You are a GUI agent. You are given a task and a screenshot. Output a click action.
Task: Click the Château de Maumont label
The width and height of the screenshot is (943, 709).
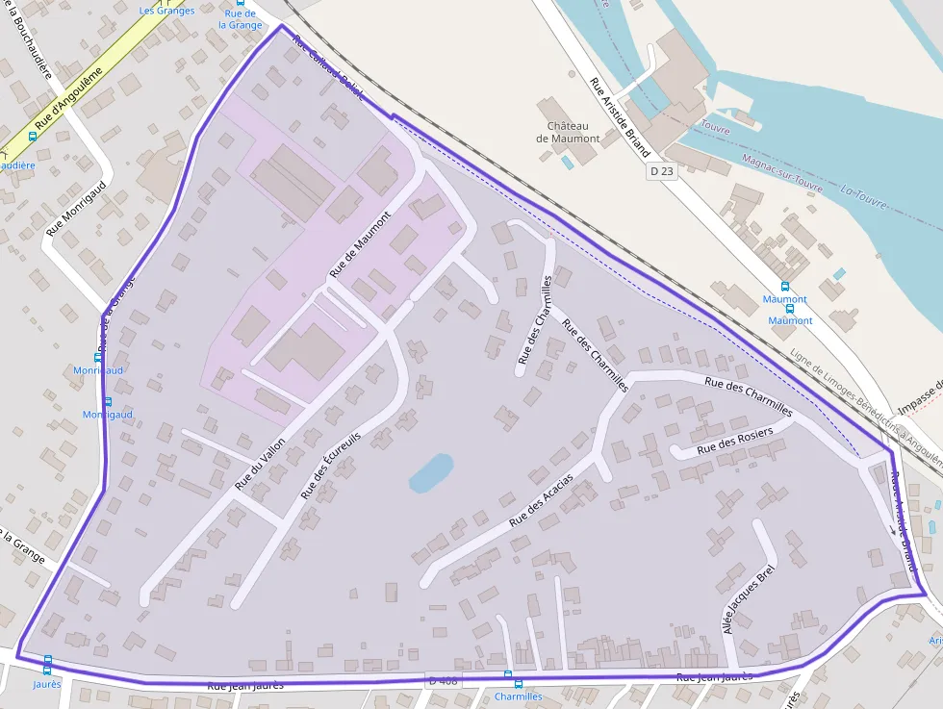pos(573,133)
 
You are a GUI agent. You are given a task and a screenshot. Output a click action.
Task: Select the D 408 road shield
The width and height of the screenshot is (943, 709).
pos(444,681)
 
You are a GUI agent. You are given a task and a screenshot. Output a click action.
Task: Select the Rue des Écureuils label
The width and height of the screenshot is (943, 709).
pos(330,465)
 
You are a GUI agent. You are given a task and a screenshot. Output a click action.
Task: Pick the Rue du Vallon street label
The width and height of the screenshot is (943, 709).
pos(260,458)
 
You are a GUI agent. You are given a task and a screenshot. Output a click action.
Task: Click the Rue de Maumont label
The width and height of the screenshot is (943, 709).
pos(361,244)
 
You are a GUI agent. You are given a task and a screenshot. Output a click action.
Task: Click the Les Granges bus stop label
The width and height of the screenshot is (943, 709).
pos(166,11)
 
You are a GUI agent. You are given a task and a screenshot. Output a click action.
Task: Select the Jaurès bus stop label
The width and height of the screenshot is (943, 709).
pos(47,684)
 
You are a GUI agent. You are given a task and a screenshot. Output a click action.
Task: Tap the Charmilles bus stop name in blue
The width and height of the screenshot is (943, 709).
pos(518,696)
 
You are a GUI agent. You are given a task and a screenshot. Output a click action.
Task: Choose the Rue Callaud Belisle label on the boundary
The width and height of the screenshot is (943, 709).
pos(327,68)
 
